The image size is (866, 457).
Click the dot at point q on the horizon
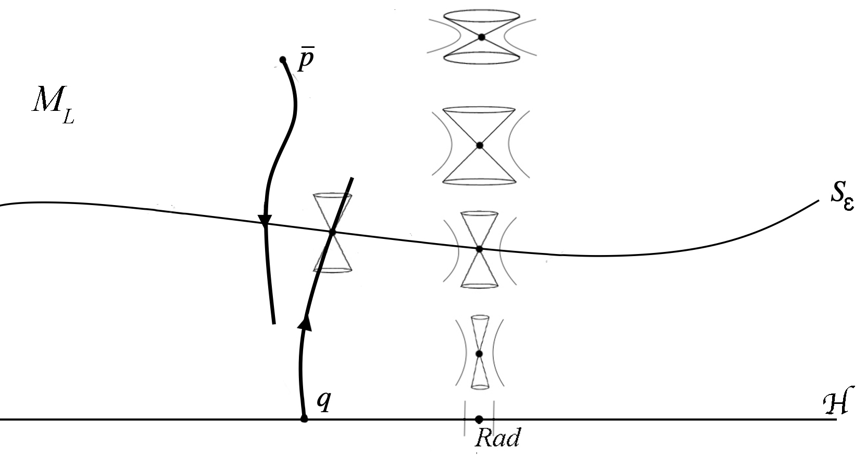(x=304, y=418)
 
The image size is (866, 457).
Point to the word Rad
(x=497, y=438)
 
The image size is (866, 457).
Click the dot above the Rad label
(x=479, y=418)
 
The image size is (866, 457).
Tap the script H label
(x=835, y=403)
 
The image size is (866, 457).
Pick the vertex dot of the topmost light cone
(x=482, y=37)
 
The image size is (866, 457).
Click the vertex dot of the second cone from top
(x=480, y=145)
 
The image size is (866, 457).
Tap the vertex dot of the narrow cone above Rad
(x=479, y=354)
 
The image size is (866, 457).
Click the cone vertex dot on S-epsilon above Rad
(x=479, y=249)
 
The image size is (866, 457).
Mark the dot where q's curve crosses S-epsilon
(x=332, y=232)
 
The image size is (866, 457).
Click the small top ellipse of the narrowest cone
(x=480, y=316)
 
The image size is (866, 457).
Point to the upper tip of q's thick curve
(x=352, y=179)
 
